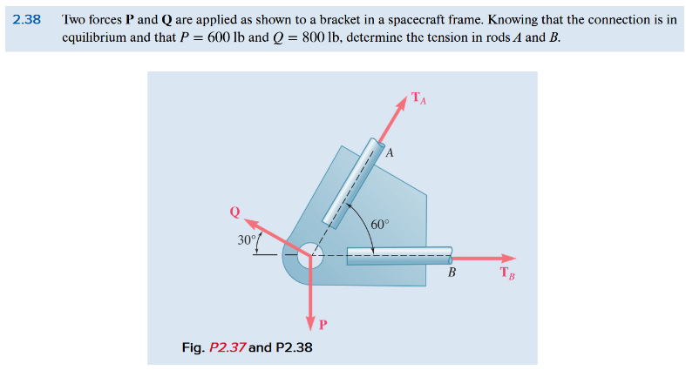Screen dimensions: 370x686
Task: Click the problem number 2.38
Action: (29, 18)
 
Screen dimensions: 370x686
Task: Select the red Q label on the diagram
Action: (234, 212)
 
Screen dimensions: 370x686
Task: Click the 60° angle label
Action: (380, 224)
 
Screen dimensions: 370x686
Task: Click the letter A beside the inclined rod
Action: (390, 153)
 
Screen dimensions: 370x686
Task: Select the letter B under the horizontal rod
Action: (452, 273)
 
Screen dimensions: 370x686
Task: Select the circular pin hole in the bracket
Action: (310, 256)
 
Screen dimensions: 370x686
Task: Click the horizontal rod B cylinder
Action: (399, 256)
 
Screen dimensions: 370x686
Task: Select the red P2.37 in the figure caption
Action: (225, 347)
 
